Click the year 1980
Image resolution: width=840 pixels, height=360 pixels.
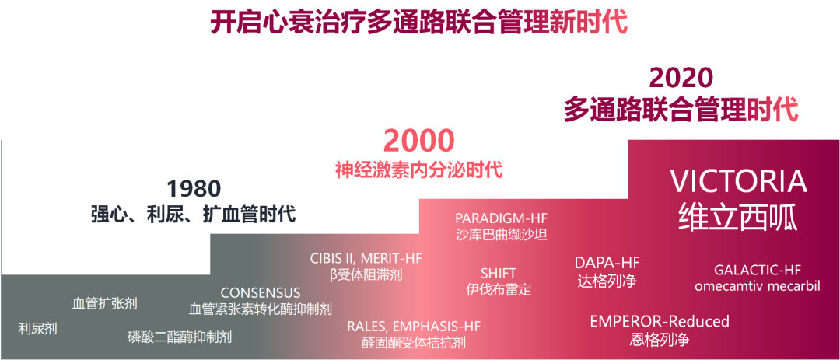[x=194, y=189]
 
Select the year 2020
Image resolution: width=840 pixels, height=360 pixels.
[x=681, y=79]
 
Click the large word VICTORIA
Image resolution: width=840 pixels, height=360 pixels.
[x=740, y=182]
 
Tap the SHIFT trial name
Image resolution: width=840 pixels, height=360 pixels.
[x=499, y=274]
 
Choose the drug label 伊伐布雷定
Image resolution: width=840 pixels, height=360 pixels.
[x=499, y=289]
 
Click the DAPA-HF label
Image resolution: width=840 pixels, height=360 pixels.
[x=607, y=263]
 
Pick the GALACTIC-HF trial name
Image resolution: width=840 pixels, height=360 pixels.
[x=758, y=270]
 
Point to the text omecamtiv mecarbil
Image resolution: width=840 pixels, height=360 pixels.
[x=758, y=285]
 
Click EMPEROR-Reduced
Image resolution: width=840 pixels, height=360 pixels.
[x=660, y=321]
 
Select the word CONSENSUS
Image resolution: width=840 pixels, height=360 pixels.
[x=261, y=293]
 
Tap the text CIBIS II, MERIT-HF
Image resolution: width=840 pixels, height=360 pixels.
[x=366, y=259]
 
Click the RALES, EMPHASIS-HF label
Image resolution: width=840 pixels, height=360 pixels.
[x=414, y=327]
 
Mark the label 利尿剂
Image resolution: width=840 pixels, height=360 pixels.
[x=37, y=328]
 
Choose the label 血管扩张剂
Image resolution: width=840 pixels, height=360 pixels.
[x=104, y=304]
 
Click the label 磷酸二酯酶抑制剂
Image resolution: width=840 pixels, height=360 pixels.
[x=180, y=337]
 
